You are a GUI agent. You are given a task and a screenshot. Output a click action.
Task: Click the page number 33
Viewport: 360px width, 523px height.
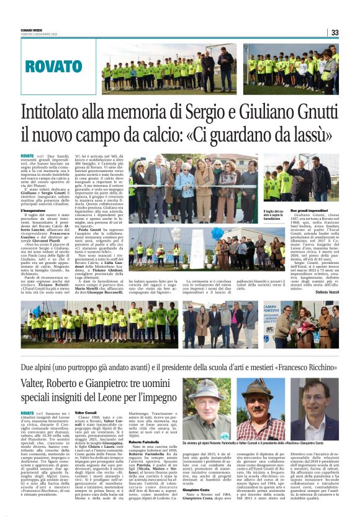coord(335,32)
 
